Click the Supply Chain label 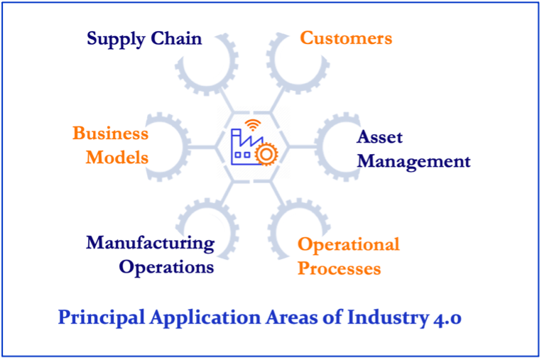pos(144,38)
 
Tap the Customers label pos(346,38)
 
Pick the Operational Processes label pos(348,256)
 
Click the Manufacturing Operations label pos(151,254)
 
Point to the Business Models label pos(111,145)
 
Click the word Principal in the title pos(99,317)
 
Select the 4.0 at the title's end pos(446,317)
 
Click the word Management pos(413,161)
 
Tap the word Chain pos(177,38)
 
